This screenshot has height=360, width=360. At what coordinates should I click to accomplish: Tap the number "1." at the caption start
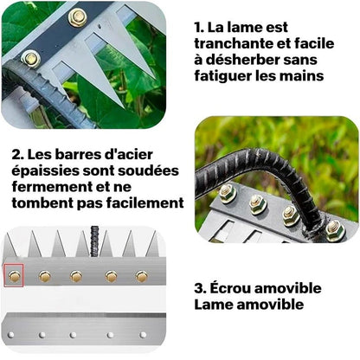(201, 28)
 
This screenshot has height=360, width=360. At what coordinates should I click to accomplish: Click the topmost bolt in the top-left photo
(76, 16)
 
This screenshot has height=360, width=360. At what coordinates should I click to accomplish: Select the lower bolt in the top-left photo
(31, 59)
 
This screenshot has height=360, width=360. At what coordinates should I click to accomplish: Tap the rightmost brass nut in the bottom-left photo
(141, 277)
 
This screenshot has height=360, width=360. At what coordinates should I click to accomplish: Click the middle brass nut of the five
(76, 276)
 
